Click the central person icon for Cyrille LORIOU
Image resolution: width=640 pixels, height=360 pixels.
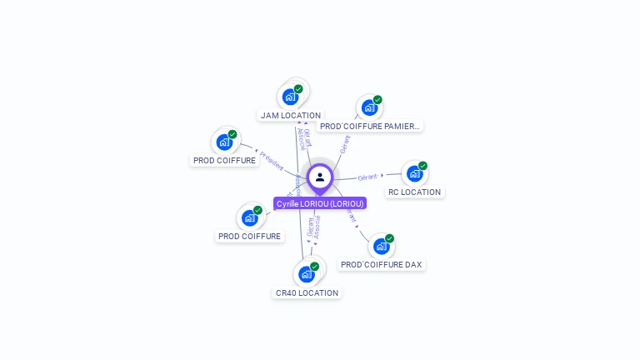tap(320, 177)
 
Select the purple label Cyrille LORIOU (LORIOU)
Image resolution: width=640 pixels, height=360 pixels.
tap(320, 203)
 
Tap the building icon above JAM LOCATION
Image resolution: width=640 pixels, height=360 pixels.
tap(290, 97)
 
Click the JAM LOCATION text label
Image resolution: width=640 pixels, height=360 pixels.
tap(290, 116)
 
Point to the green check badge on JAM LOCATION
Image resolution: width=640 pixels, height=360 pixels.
tap(298, 89)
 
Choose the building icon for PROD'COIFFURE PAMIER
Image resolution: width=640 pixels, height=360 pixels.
tap(369, 107)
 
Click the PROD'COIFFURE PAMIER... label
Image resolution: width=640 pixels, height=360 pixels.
tap(370, 127)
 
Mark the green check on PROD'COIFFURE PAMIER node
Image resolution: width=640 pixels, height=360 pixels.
tap(377, 100)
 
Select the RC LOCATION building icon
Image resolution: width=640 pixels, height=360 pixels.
tap(414, 173)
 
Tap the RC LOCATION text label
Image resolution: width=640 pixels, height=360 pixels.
tap(414, 192)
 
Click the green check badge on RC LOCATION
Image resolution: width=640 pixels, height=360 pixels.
tap(422, 166)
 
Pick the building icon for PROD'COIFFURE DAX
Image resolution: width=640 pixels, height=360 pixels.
tap(381, 246)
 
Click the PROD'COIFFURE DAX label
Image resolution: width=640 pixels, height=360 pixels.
tap(381, 265)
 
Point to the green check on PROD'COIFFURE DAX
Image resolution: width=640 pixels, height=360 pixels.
tap(389, 238)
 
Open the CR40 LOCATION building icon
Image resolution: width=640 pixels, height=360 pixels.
tap(306, 274)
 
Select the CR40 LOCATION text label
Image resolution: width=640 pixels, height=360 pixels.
tap(307, 293)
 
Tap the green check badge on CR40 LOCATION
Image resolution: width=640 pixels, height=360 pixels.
tap(314, 267)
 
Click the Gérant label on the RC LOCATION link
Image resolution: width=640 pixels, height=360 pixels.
tap(367, 177)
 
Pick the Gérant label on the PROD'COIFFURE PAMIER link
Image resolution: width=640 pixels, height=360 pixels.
tap(345, 144)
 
